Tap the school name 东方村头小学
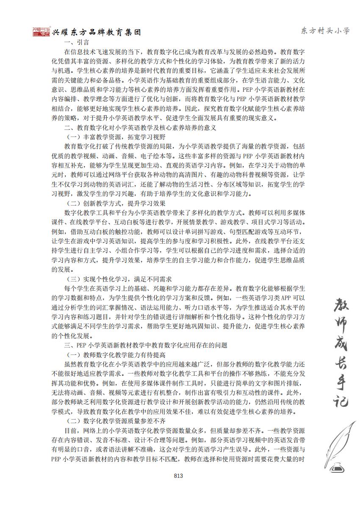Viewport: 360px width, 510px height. [x=325, y=30]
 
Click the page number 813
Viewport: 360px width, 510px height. [x=178, y=476]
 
